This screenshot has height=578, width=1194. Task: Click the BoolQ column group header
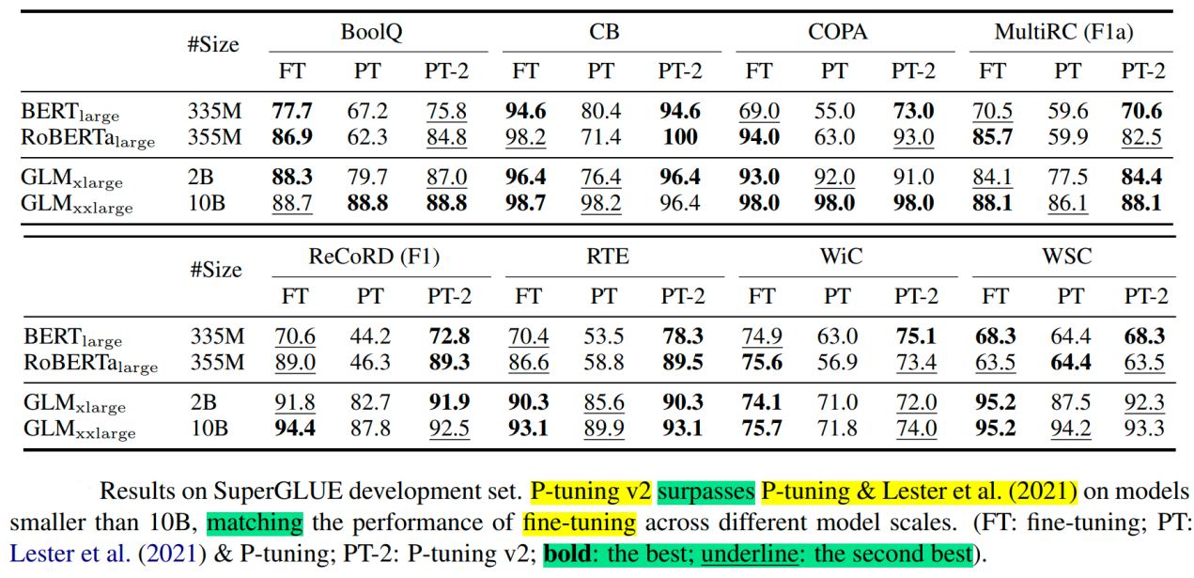coord(372,33)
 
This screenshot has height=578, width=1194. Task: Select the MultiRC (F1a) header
coord(1063,33)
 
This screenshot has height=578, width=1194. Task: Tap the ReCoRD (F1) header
coord(373,256)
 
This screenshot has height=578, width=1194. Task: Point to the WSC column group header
coord(1067,256)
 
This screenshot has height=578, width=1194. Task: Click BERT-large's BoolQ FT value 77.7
coord(292,111)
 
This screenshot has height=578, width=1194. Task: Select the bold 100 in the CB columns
coord(679,137)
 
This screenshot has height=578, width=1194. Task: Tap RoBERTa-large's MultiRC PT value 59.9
coord(1067,137)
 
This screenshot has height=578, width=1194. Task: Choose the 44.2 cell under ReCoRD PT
coord(371,336)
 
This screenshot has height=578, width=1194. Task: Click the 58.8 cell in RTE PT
coord(603,363)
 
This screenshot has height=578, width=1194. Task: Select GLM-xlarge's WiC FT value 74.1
coord(761,403)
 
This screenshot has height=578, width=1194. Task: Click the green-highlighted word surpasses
coord(707,491)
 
